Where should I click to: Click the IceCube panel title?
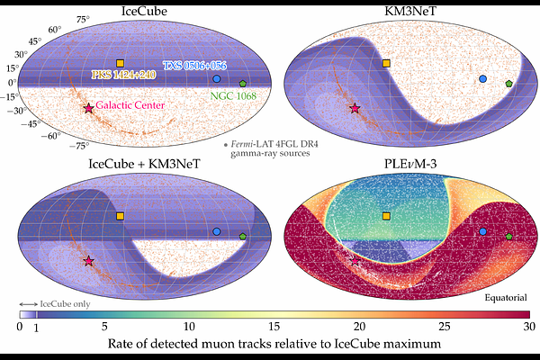(144, 11)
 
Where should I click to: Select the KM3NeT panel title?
(410, 11)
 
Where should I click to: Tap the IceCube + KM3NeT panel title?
(144, 164)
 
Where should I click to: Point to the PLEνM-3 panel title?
(410, 164)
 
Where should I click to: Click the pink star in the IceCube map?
(89, 108)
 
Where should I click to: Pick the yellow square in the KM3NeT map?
(386, 63)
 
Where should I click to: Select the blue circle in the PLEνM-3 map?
(482, 231)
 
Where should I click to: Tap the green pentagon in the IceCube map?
(243, 84)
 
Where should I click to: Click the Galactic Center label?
(130, 105)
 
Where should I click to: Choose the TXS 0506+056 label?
(195, 66)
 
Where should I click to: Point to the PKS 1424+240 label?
(123, 75)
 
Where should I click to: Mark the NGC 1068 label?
(233, 95)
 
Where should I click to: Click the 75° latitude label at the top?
(83, 19)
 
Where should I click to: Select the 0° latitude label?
(13, 83)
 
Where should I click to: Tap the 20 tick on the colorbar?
(359, 326)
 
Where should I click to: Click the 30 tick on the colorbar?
(529, 326)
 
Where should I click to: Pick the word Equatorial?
(506, 297)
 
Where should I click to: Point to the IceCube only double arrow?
(29, 304)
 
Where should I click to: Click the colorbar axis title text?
(274, 344)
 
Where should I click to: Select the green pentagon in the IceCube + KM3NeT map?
(243, 237)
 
